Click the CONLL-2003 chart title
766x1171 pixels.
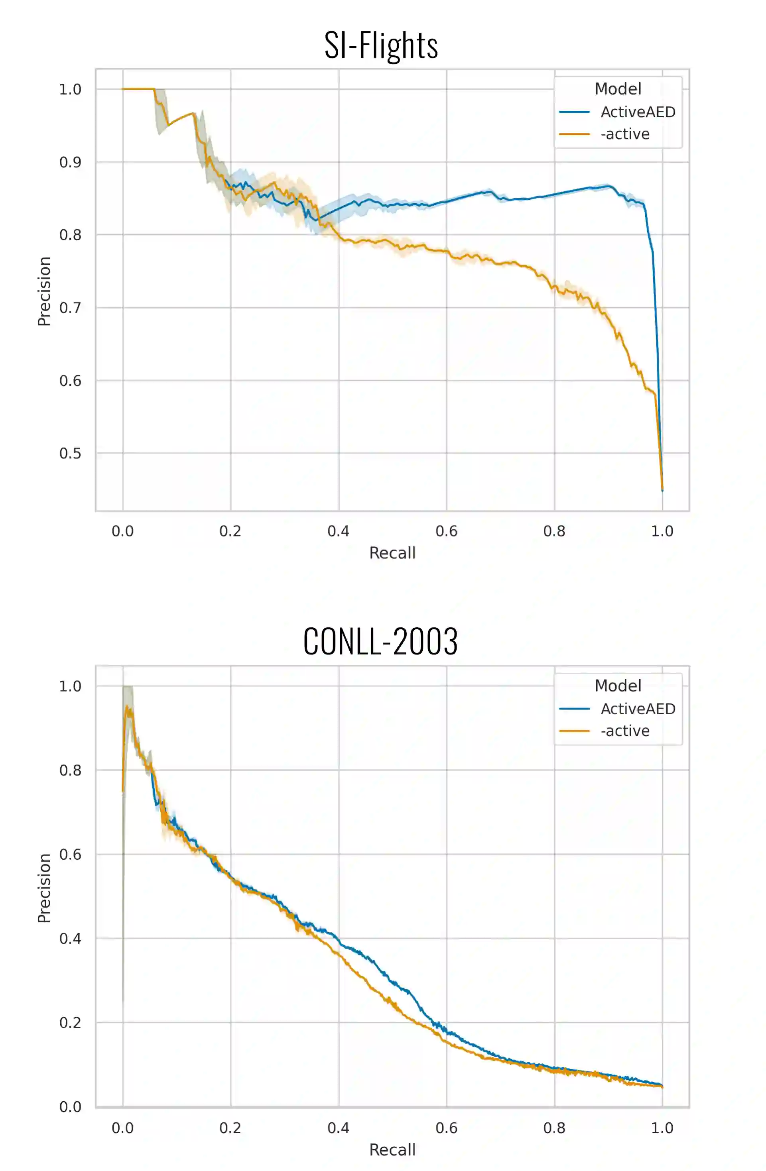click(x=380, y=642)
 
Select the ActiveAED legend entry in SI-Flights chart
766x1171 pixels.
click(x=638, y=112)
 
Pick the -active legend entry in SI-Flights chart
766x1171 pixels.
click(x=625, y=134)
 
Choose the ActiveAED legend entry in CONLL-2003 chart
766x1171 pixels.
click(x=638, y=709)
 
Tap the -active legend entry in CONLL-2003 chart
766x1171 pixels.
click(x=625, y=731)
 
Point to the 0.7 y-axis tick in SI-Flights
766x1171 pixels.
click(x=71, y=308)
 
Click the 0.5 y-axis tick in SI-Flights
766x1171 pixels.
click(x=71, y=453)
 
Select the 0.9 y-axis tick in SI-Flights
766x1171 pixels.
click(x=71, y=162)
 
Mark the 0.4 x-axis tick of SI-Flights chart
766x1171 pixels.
click(x=338, y=531)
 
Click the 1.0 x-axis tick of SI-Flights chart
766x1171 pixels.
click(x=662, y=531)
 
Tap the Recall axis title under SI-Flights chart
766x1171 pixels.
click(x=392, y=553)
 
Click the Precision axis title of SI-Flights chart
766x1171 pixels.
click(x=44, y=291)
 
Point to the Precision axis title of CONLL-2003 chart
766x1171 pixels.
click(x=44, y=888)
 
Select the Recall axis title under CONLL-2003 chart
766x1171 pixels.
click(x=392, y=1150)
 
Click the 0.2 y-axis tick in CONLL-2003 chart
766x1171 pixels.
click(x=71, y=1023)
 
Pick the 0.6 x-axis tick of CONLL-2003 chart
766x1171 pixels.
click(x=447, y=1128)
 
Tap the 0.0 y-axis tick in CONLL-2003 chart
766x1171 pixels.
click(x=71, y=1107)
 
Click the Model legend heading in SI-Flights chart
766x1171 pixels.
click(x=618, y=89)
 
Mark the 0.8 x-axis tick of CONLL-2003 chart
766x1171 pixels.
click(x=554, y=1128)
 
